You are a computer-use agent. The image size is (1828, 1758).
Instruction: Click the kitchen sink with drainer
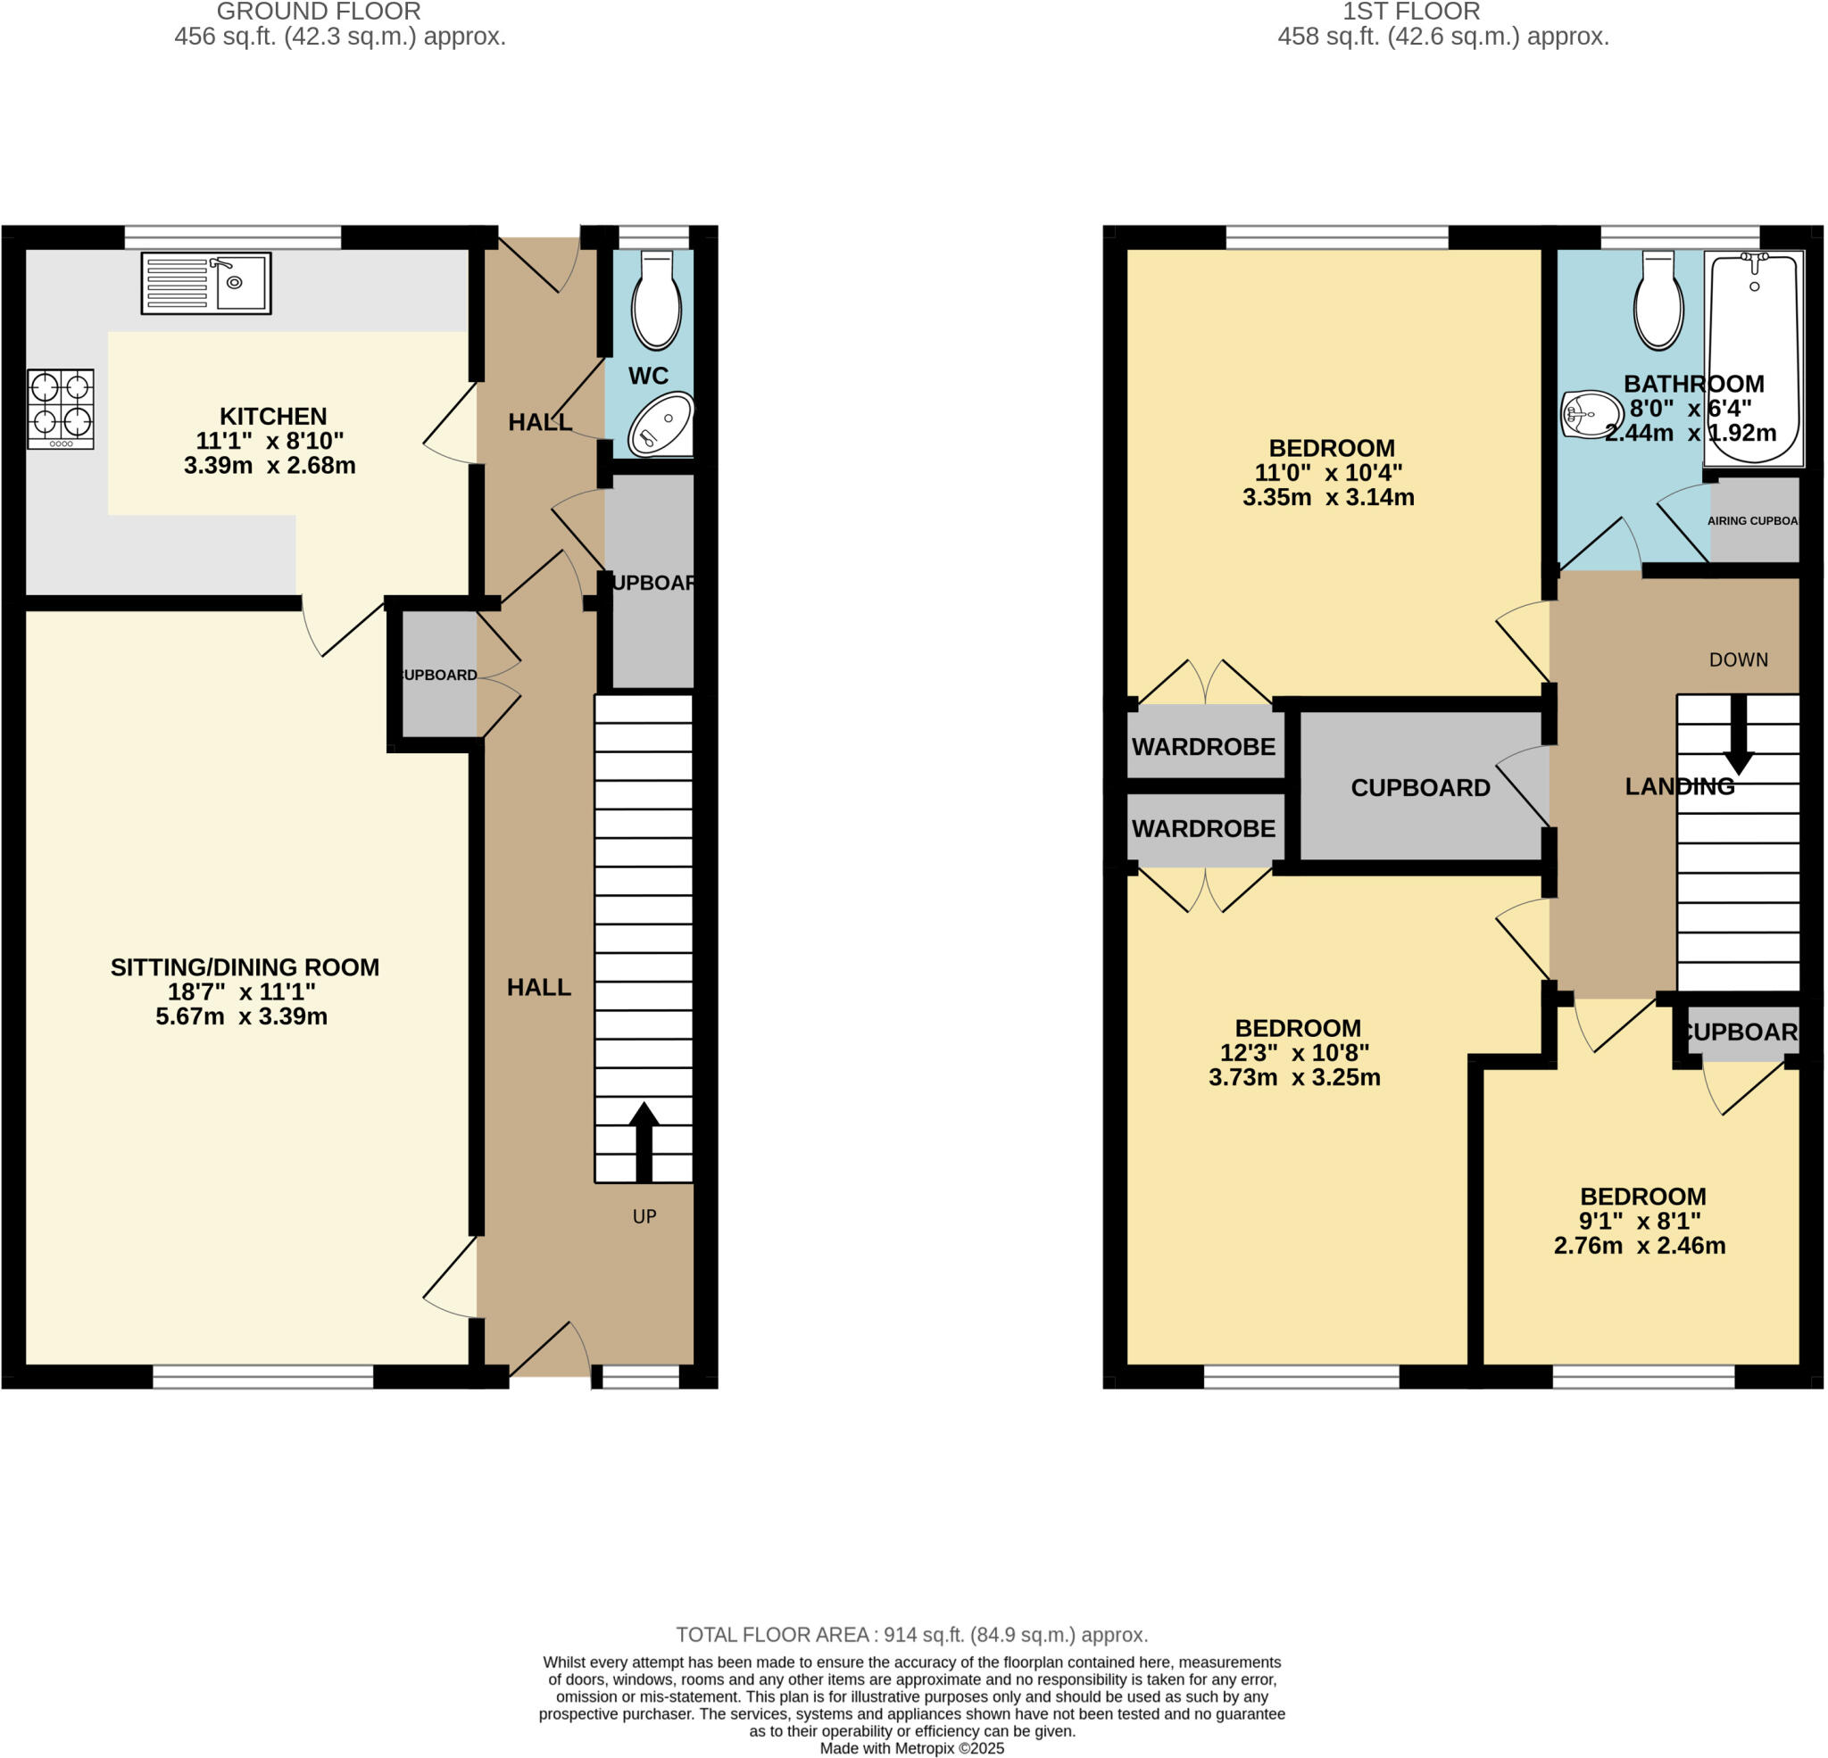click(x=206, y=284)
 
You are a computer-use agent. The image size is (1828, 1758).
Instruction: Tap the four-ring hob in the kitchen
click(x=61, y=410)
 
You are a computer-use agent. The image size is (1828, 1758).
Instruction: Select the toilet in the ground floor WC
click(x=657, y=303)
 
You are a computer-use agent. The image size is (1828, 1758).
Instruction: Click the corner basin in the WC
click(x=661, y=427)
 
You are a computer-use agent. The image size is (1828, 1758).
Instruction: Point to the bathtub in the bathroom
click(x=1753, y=358)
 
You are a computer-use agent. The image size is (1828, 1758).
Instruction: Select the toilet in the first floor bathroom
click(x=1658, y=303)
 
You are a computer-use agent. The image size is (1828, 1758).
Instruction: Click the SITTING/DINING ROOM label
click(x=245, y=967)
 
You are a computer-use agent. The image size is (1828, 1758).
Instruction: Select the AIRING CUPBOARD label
click(x=1751, y=520)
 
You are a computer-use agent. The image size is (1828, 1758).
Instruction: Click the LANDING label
click(x=1680, y=786)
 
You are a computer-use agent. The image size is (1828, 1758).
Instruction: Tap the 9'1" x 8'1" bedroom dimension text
click(x=1640, y=1221)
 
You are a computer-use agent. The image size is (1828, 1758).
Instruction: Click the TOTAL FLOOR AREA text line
click(x=911, y=1634)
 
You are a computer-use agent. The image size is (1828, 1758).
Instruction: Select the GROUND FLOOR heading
click(x=318, y=12)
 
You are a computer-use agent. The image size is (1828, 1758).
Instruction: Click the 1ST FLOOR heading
click(x=1410, y=12)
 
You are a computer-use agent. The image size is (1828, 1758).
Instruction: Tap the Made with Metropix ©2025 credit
click(x=911, y=1748)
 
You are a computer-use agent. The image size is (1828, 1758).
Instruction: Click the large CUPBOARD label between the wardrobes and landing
click(x=1420, y=788)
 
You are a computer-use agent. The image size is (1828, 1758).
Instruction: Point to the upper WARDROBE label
click(x=1203, y=747)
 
